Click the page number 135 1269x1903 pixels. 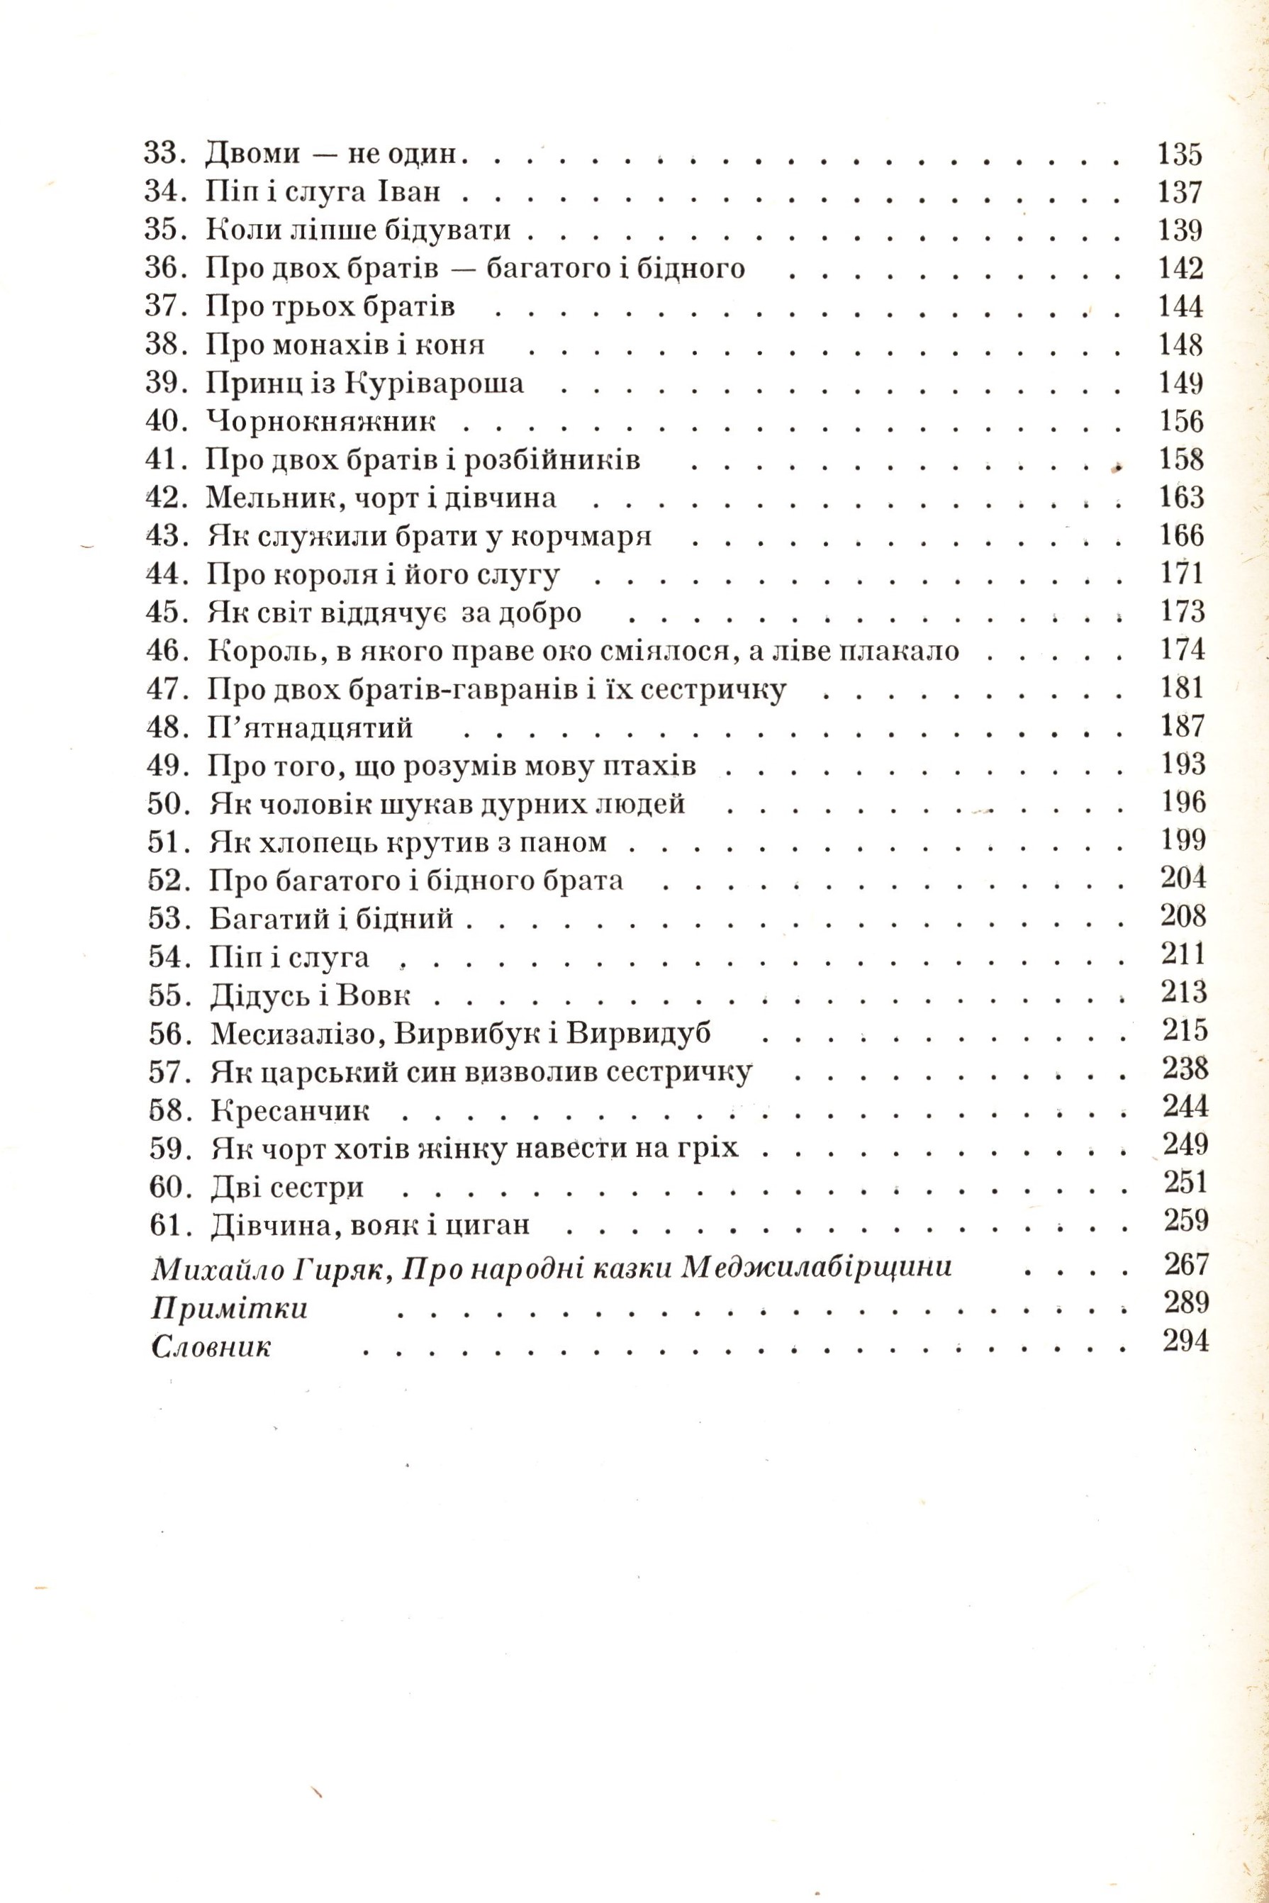click(1180, 153)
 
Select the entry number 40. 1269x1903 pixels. click(165, 421)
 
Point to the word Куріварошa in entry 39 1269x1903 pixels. click(435, 383)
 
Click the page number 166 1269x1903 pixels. click(1182, 535)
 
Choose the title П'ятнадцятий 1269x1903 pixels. click(310, 727)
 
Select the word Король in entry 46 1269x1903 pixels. click(251, 651)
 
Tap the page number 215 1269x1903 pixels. click(1185, 1029)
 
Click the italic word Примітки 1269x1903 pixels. click(230, 1308)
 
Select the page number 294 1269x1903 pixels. click(1185, 1341)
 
